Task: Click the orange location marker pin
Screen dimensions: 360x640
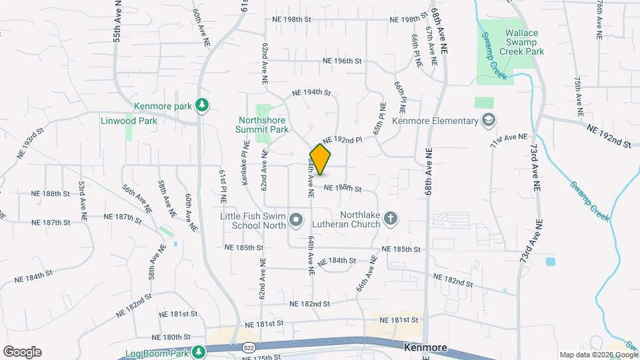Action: (x=321, y=159)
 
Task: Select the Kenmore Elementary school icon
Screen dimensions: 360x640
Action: (x=489, y=121)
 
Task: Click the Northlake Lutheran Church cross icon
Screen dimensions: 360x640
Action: (x=391, y=218)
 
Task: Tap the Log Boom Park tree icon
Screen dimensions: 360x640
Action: (x=198, y=351)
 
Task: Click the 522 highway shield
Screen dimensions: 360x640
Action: (x=248, y=347)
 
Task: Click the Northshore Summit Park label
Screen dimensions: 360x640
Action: (x=263, y=125)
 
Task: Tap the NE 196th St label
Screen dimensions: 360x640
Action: (x=341, y=61)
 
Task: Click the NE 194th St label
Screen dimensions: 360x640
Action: (x=311, y=93)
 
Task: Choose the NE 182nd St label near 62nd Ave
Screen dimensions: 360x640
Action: (x=310, y=303)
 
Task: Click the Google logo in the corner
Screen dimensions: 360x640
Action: (x=22, y=351)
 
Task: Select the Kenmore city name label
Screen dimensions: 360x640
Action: (x=425, y=347)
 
